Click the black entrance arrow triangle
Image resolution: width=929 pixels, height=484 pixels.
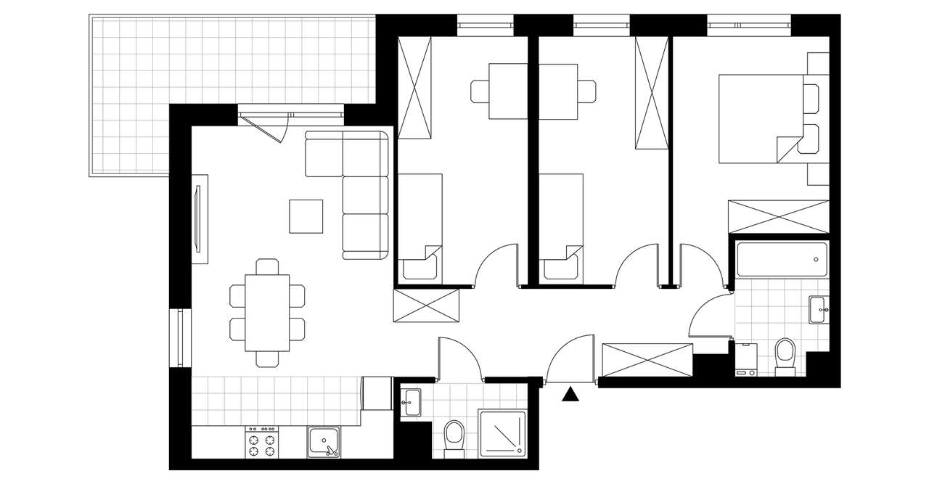572,394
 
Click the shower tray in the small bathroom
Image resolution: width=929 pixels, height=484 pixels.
502,433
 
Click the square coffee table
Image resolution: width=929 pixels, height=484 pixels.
306,216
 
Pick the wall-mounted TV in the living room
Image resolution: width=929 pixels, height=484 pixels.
197,218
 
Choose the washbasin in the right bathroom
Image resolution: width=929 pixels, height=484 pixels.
819,308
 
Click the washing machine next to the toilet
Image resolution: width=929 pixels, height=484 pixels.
747,360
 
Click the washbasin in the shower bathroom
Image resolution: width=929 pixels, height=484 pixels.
411,401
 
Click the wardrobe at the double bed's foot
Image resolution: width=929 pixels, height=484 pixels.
778,216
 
